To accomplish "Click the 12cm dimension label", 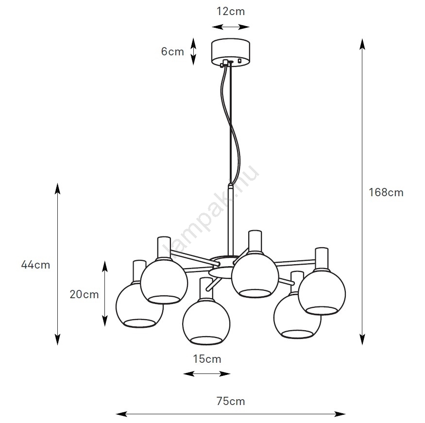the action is click(230, 11).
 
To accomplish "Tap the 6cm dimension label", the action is click(172, 51).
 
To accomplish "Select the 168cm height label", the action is click(386, 192).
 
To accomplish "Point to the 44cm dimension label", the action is click(35, 265).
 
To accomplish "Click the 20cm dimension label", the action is click(85, 294).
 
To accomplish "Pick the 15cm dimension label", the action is click(207, 359).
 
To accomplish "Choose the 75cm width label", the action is click(231, 401).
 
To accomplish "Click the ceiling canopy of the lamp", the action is click(230, 52).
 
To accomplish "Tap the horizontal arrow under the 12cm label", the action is click(230, 27).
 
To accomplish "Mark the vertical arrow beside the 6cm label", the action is click(193, 51).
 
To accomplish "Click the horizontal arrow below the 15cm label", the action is click(207, 374).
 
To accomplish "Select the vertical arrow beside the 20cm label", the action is click(104, 294).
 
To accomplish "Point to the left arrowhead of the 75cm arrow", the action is click(121, 414).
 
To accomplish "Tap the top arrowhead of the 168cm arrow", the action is click(362, 44).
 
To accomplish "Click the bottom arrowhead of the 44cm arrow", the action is click(57, 339).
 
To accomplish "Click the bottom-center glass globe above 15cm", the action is click(206, 322).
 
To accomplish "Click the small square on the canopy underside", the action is click(239, 61).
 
